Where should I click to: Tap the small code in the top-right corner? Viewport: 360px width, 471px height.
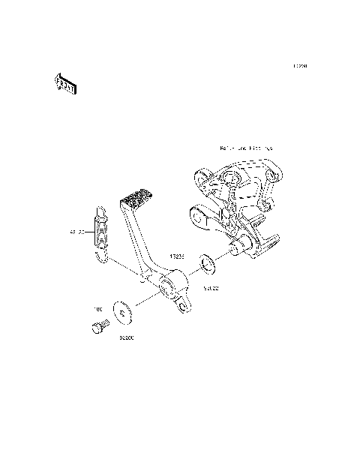click(x=300, y=66)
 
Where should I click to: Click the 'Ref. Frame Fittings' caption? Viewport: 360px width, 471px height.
click(x=246, y=148)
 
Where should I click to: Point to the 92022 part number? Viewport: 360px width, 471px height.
click(x=211, y=286)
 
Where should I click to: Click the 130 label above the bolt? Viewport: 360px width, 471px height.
click(x=97, y=308)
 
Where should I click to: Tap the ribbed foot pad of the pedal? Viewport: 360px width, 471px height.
click(x=136, y=201)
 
